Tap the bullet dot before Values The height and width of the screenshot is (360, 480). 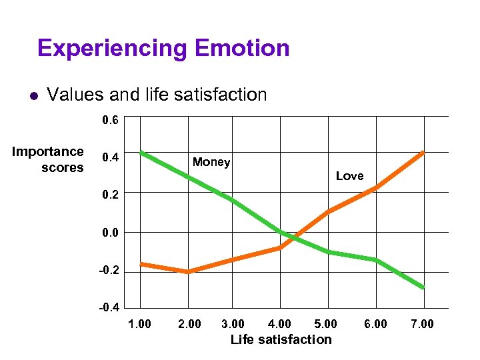point(31,96)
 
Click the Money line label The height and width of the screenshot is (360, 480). point(211,162)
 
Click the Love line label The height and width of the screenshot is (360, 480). point(349,176)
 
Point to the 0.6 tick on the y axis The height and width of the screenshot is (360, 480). point(109,122)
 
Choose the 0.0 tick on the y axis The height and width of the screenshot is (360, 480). point(109,233)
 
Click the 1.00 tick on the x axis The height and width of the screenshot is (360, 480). point(140,324)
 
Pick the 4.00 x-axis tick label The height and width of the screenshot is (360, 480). point(279,324)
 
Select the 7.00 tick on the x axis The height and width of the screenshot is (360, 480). point(422,324)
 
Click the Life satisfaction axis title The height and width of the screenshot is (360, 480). point(281,339)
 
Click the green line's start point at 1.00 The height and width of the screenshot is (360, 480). point(141,153)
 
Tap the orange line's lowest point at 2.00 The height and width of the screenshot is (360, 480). point(189,271)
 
